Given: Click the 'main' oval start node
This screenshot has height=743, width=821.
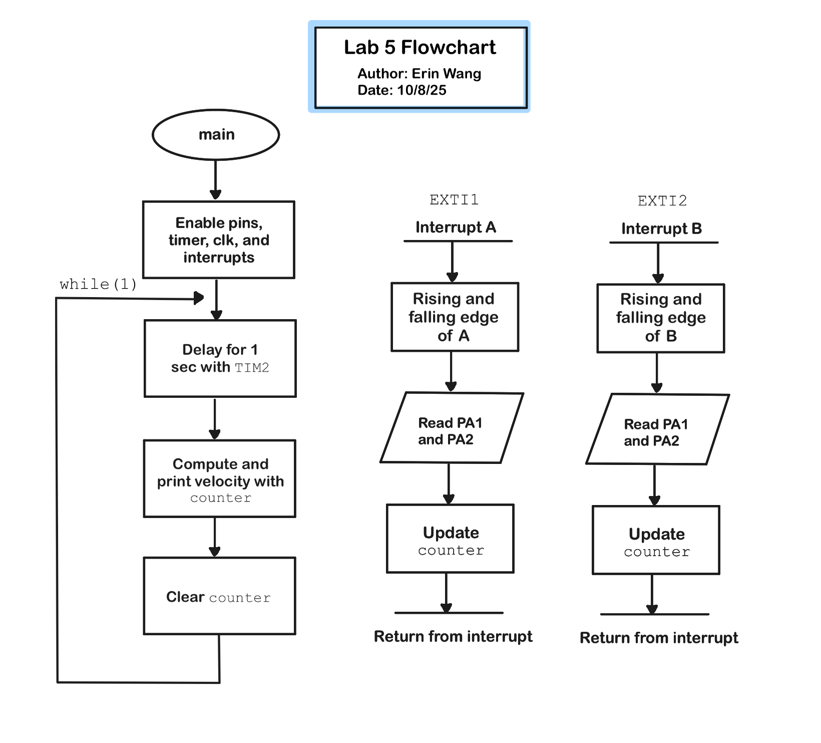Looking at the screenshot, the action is click(x=216, y=135).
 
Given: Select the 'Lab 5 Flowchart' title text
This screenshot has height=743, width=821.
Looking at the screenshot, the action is click(x=420, y=48).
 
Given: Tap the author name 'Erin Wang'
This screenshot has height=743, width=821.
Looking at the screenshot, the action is click(x=446, y=74).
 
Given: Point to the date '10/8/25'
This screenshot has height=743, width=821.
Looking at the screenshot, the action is click(x=422, y=90).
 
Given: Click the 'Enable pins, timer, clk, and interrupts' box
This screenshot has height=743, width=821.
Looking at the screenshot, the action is click(x=219, y=240).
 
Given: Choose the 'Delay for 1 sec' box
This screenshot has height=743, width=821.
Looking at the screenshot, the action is click(x=220, y=359).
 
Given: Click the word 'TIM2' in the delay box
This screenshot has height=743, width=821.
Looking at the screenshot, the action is click(x=252, y=368).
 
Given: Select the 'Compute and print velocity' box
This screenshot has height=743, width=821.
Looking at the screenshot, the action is click(x=220, y=478).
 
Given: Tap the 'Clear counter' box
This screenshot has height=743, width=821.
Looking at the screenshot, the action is click(x=220, y=596).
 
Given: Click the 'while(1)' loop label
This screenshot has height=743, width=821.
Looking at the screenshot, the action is click(x=98, y=285).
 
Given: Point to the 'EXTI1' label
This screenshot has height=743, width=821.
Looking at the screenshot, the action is click(x=454, y=200).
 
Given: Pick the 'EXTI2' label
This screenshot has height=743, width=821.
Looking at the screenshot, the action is click(x=662, y=201).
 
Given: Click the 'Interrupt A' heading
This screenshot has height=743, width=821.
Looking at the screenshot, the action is click(x=456, y=227).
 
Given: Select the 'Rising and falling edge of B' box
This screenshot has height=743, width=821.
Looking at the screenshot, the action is click(x=661, y=318).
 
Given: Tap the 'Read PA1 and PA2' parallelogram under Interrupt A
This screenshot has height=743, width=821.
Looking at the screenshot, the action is click(x=452, y=427).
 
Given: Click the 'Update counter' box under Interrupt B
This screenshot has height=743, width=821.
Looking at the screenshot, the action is click(x=656, y=540).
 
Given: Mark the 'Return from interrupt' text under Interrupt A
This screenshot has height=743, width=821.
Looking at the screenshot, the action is click(x=453, y=636).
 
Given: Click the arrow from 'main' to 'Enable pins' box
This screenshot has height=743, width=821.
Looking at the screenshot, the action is click(x=216, y=180).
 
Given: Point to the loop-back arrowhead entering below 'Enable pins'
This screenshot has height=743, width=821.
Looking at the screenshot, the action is click(x=199, y=298).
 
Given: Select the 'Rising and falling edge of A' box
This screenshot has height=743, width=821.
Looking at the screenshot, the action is click(x=455, y=317).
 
